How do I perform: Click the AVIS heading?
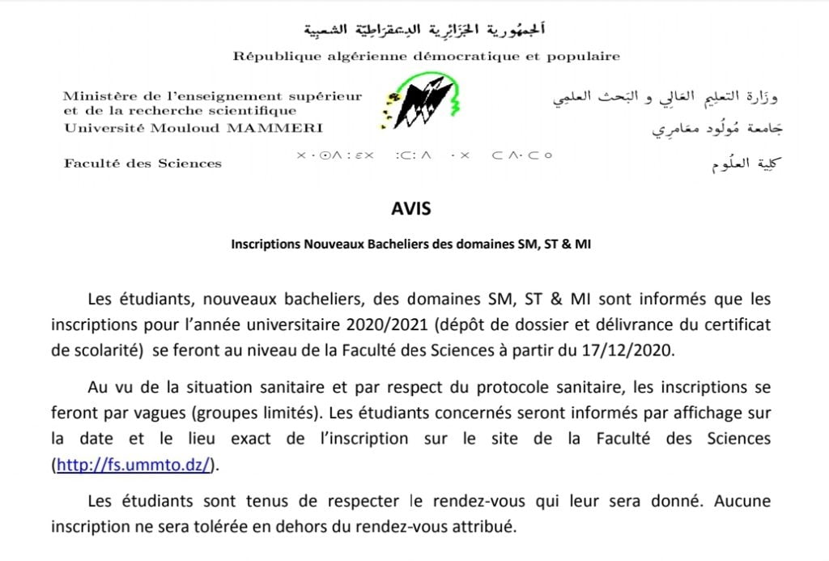click(410, 209)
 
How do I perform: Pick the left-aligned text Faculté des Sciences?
click(142, 164)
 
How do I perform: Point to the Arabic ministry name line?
click(664, 97)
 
